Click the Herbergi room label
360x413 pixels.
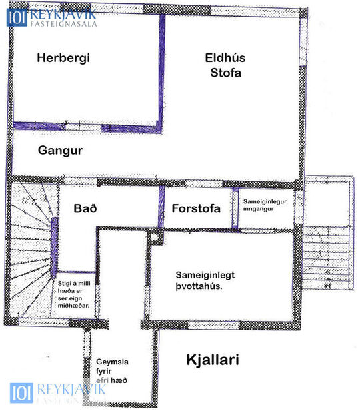63,58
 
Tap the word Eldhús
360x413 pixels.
222,57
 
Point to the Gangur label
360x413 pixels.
60,151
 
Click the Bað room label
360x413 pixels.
85,208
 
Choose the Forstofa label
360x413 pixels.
197,208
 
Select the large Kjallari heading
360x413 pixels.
211,360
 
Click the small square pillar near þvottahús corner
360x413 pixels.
155,236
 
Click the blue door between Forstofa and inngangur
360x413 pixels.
235,208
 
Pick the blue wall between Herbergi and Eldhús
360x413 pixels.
161,70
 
